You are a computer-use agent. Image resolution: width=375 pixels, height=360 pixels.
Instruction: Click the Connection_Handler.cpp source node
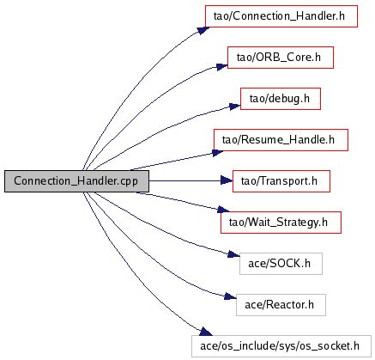tap(76, 181)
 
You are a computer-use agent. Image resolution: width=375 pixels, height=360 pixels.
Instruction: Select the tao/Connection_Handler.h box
tap(281, 16)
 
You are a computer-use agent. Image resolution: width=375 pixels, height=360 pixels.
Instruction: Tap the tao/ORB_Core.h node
tap(281, 58)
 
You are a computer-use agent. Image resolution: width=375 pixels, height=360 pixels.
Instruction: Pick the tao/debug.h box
tap(281, 99)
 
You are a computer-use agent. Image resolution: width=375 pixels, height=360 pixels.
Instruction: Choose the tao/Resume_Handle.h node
tap(281, 140)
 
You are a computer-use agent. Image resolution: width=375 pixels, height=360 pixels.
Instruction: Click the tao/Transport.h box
tap(281, 181)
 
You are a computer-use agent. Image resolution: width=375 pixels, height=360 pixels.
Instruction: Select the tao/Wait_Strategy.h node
tap(281, 223)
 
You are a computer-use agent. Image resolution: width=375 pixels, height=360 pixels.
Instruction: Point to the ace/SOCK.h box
tap(281, 264)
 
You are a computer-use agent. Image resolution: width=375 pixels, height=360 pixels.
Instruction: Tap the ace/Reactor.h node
tap(281, 305)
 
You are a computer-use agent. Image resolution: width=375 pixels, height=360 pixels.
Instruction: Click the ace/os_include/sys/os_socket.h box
tap(281, 346)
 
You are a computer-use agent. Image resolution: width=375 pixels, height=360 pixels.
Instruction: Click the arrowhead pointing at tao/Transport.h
tap(227, 180)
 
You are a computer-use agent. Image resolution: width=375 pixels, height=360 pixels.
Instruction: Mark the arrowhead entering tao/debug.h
tap(235, 107)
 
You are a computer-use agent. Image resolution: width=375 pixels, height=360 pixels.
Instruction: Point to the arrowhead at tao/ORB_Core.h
tap(222, 67)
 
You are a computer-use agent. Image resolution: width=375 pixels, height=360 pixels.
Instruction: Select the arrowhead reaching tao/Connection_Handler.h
tap(203, 30)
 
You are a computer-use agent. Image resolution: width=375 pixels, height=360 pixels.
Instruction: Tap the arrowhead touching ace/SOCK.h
tap(234, 254)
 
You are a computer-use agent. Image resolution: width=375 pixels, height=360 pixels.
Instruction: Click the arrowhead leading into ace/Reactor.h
tap(231, 296)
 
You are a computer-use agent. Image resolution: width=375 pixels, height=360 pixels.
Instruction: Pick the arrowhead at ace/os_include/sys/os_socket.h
tap(206, 332)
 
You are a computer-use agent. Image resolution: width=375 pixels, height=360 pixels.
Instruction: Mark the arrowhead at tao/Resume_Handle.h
tap(219, 152)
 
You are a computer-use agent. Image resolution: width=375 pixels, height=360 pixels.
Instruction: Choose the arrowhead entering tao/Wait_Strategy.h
tap(223, 210)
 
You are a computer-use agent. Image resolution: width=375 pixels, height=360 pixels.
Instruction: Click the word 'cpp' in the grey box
tap(129, 182)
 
